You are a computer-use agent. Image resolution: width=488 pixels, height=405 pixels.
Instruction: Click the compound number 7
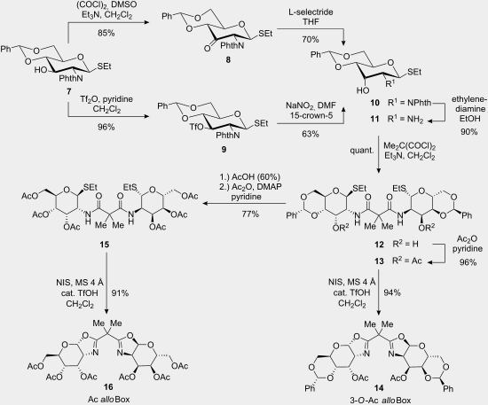pyautogui.click(x=68, y=91)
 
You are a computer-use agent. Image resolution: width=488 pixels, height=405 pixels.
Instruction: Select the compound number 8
pyautogui.click(x=228, y=59)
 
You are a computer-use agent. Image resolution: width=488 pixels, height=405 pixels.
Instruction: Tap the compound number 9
pyautogui.click(x=224, y=149)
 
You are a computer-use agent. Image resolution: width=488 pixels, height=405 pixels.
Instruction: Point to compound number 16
pyautogui.click(x=108, y=387)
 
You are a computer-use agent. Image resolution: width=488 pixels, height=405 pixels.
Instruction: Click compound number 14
pyautogui.click(x=379, y=387)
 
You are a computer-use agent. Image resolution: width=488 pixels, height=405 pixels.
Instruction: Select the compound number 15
pyautogui.click(x=105, y=245)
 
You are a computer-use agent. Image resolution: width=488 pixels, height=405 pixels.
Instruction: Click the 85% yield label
pyautogui.click(x=106, y=33)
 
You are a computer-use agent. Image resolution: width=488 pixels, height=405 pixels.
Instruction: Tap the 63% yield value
pyautogui.click(x=311, y=134)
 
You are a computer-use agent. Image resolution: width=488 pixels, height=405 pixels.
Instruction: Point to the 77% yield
pyautogui.click(x=250, y=214)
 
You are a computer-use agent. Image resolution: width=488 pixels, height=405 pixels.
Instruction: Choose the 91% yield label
pyautogui.click(x=120, y=292)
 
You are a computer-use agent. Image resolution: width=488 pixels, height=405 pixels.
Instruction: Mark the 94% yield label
pyautogui.click(x=392, y=292)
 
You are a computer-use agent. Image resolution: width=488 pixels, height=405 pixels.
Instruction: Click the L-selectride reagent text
pyautogui.click(x=311, y=12)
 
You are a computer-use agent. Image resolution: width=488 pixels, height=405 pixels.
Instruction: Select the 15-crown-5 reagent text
pyautogui.click(x=311, y=115)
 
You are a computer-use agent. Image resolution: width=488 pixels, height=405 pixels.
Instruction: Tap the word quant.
pyautogui.click(x=362, y=151)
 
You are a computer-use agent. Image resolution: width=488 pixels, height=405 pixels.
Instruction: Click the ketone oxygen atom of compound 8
pyautogui.click(x=208, y=48)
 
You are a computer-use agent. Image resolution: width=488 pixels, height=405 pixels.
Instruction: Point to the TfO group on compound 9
pyautogui.click(x=196, y=128)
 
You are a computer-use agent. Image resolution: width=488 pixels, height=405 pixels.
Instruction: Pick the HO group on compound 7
pyautogui.click(x=41, y=70)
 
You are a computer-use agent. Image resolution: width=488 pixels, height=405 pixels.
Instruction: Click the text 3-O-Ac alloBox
pyautogui.click(x=381, y=401)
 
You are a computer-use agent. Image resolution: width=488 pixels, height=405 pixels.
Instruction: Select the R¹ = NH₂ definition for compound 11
pyautogui.click(x=405, y=119)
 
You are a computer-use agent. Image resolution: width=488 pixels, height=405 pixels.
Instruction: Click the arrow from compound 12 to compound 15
pyautogui.click(x=244, y=204)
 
